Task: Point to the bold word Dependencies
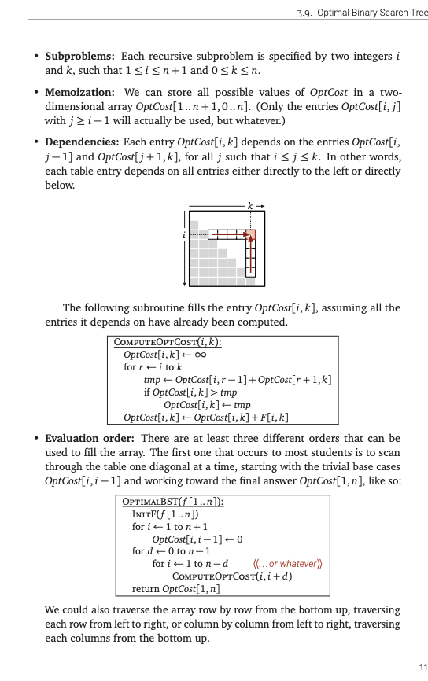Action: pyautogui.click(x=82, y=142)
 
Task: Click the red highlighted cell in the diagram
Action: pyautogui.click(x=251, y=234)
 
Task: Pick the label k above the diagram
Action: pyautogui.click(x=250, y=206)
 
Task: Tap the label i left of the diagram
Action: pyautogui.click(x=184, y=234)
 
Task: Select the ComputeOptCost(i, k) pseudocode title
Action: pyautogui.click(x=167, y=342)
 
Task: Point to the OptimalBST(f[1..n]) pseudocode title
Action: pyautogui.click(x=173, y=502)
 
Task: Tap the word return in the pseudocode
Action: pyautogui.click(x=147, y=589)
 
